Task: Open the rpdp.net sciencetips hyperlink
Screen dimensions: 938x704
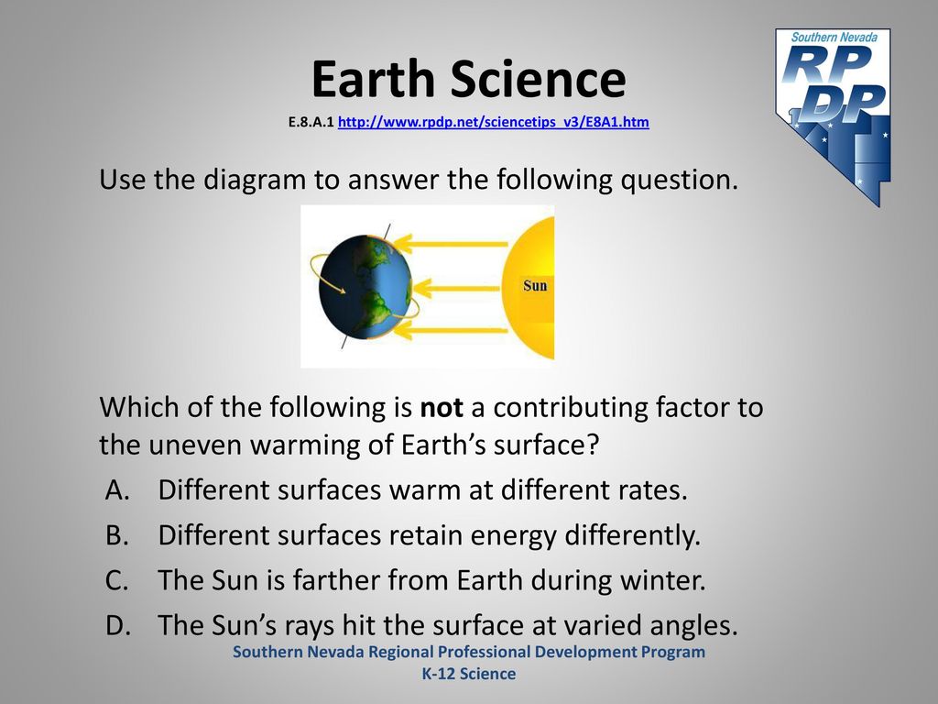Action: (x=494, y=122)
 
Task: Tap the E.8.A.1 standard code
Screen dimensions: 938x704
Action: (x=311, y=122)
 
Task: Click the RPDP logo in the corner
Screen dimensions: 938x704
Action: (x=834, y=116)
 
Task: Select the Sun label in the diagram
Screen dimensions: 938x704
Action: (x=535, y=285)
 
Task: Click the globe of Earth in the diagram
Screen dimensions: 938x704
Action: (x=365, y=287)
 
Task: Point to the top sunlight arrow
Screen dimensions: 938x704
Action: (x=451, y=244)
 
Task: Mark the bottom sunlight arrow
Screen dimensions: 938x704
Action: (x=451, y=330)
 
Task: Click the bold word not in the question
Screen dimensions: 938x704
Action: (x=442, y=408)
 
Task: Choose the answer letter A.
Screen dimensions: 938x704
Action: (x=118, y=489)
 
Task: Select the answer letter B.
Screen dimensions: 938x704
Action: (x=117, y=534)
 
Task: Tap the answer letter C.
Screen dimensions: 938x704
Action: (x=116, y=580)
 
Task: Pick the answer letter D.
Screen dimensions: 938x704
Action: (x=118, y=625)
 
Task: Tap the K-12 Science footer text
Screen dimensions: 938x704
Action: (x=469, y=674)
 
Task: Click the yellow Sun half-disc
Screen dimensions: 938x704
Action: (x=529, y=288)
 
